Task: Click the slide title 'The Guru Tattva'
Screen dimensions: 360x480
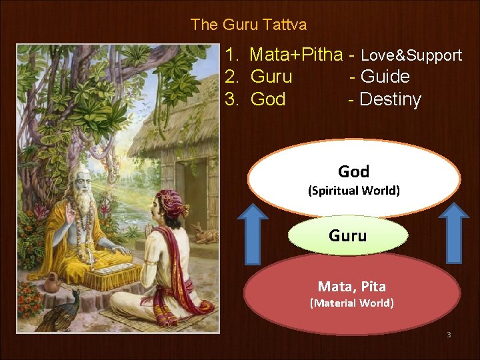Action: [248, 25]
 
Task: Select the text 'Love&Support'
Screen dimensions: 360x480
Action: [411, 55]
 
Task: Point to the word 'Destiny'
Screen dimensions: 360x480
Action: [390, 99]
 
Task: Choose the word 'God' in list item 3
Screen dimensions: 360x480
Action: [268, 99]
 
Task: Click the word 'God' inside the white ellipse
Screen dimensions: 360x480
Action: [353, 171]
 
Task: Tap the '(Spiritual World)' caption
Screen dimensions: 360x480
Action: [353, 191]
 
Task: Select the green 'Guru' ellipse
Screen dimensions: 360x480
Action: [347, 235]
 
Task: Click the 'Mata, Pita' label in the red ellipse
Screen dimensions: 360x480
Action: [351, 287]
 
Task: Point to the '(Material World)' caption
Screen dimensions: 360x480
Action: [351, 303]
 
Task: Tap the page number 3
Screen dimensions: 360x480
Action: [449, 334]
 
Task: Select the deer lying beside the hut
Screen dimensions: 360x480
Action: [203, 233]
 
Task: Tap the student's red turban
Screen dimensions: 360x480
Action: [171, 201]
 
